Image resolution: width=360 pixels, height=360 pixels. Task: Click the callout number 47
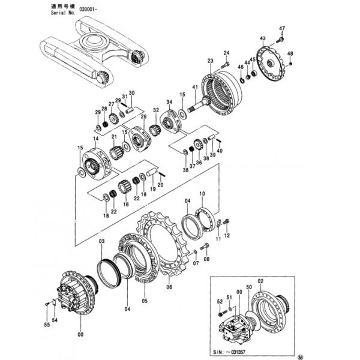(x=282, y=28)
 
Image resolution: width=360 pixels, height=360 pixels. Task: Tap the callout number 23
(x=210, y=61)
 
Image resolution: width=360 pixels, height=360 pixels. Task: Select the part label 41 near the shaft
(x=194, y=88)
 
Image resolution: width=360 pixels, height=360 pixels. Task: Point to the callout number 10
(x=202, y=194)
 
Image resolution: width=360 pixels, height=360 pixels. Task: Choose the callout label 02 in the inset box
(x=260, y=281)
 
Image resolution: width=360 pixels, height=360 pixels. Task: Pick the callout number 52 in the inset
(x=219, y=301)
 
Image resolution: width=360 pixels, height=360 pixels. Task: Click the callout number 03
(x=102, y=241)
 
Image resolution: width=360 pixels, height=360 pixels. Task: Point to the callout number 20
(x=160, y=185)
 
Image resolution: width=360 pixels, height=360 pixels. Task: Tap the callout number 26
(x=143, y=116)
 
